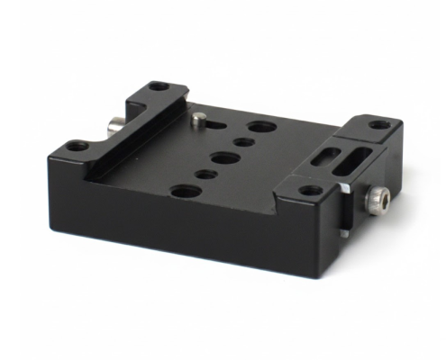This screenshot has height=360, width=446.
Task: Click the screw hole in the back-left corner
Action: pyautogui.click(x=158, y=87)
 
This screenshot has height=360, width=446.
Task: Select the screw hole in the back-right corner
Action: pyautogui.click(x=380, y=124)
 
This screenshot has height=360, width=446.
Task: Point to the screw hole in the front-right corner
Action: pyautogui.click(x=311, y=190)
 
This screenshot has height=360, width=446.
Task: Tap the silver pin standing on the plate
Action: pyautogui.click(x=196, y=119)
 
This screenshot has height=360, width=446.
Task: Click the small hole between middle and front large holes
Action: pyautogui.click(x=205, y=173)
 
